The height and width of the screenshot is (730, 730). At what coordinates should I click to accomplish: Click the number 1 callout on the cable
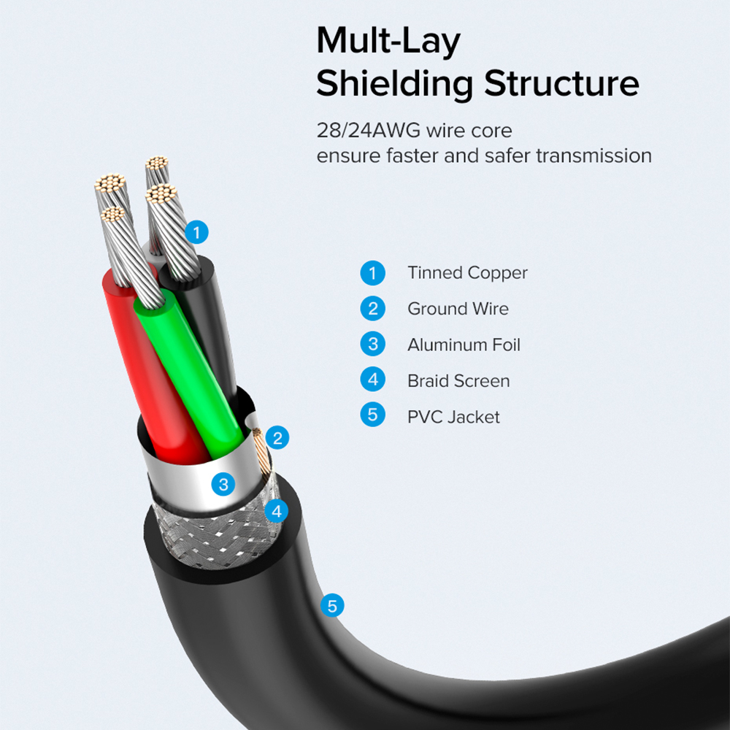pos(196,232)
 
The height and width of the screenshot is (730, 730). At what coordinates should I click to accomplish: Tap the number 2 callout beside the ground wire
pos(277,437)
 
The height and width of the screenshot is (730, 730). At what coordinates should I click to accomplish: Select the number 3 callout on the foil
pos(223,484)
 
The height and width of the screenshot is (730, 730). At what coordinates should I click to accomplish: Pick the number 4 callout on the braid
pos(277,511)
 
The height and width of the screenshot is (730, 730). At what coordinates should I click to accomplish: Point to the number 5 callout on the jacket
pos(332,606)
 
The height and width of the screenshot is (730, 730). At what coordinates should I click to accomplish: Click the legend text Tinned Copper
pos(467,273)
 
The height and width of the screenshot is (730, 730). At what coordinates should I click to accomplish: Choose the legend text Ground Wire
pos(458,309)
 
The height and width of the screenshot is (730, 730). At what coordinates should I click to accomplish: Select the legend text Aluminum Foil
pos(464,345)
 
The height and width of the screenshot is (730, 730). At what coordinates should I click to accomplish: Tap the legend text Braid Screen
pos(458,381)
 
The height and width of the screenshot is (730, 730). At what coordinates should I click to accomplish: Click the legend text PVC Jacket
pos(453,417)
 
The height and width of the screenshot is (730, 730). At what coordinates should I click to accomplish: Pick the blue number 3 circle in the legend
pos(372,344)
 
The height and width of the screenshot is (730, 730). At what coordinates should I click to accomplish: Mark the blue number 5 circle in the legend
pos(372,415)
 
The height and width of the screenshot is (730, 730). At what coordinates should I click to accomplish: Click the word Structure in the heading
pos(561,83)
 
